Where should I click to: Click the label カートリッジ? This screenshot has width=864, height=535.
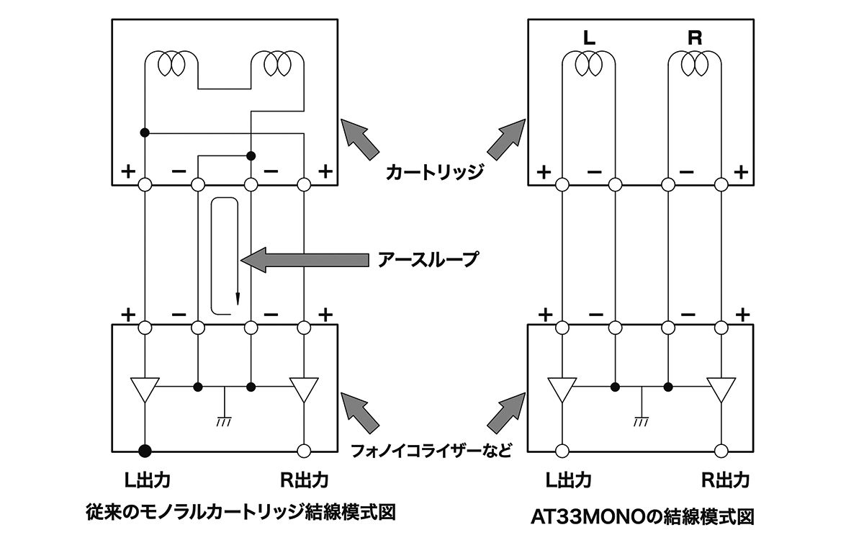(432, 173)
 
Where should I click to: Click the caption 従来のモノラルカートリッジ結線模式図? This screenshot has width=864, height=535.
(240, 512)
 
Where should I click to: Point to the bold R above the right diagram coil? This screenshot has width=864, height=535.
(695, 39)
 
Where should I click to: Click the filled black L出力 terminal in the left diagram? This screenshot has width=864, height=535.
(145, 451)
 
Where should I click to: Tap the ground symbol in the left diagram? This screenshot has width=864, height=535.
(224, 421)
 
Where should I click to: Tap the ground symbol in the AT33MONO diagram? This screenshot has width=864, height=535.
(641, 421)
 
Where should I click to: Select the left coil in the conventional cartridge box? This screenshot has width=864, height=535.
(171, 64)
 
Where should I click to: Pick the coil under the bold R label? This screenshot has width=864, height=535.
(696, 65)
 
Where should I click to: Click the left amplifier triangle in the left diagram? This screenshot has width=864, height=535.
(145, 390)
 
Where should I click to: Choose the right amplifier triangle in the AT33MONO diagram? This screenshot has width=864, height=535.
(721, 390)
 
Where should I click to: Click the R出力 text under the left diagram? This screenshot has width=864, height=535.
(303, 480)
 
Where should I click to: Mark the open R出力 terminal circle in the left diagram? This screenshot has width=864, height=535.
(304, 451)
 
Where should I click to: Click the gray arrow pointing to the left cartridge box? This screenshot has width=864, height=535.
(359, 139)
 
